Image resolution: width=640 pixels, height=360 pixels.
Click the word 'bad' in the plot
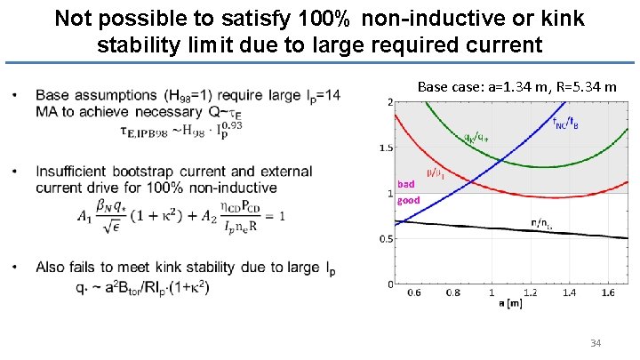click(406, 184)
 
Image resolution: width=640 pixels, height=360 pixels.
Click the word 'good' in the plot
click(409, 200)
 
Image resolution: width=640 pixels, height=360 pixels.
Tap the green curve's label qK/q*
click(475, 137)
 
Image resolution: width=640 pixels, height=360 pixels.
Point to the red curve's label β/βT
click(436, 173)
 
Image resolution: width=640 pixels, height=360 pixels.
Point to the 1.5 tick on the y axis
click(384, 148)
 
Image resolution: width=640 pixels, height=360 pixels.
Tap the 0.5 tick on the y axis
click(384, 238)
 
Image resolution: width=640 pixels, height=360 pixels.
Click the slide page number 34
click(596, 343)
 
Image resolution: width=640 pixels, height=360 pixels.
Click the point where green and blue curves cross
click(503, 160)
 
